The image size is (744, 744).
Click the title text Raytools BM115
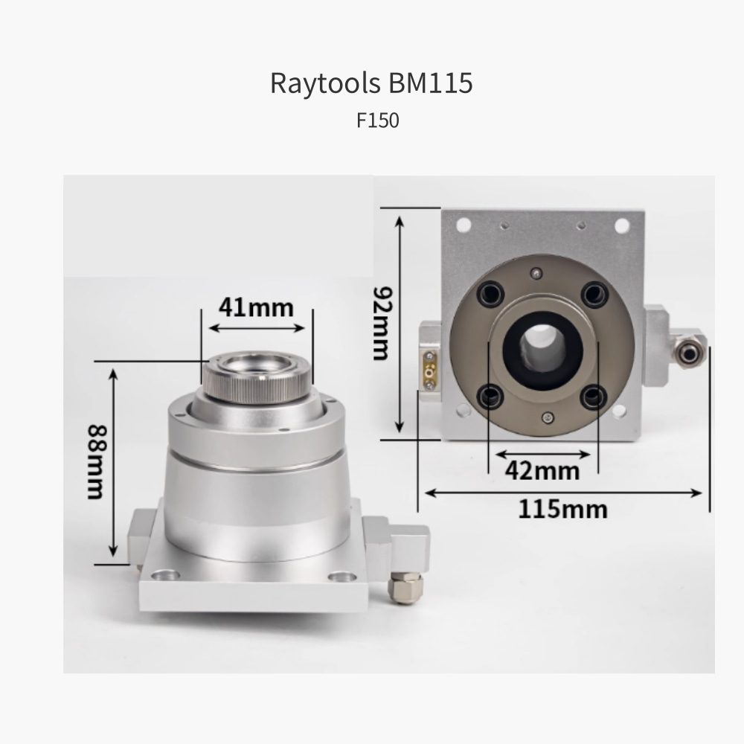pyautogui.click(x=371, y=83)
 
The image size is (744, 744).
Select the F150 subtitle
pyautogui.click(x=378, y=121)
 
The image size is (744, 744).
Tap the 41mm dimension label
pyautogui.click(x=256, y=307)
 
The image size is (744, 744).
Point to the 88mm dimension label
pyautogui.click(x=97, y=462)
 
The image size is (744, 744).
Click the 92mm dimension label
pyautogui.click(x=382, y=323)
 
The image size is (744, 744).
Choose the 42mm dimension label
pyautogui.click(x=542, y=471)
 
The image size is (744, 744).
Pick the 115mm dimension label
pyautogui.click(x=562, y=510)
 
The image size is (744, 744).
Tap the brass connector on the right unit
pyautogui.click(x=429, y=370)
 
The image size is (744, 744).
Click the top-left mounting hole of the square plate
pyautogui.click(x=463, y=225)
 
